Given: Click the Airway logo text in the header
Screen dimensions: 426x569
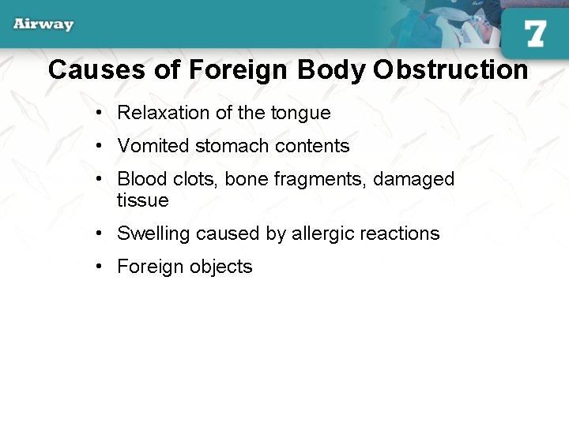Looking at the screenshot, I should pos(43,24).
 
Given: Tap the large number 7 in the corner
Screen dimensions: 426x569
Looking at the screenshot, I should pos(535,34).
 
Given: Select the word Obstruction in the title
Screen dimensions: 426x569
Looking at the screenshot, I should pos(450,69).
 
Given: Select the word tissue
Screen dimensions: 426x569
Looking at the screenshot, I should pos(142,200).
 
